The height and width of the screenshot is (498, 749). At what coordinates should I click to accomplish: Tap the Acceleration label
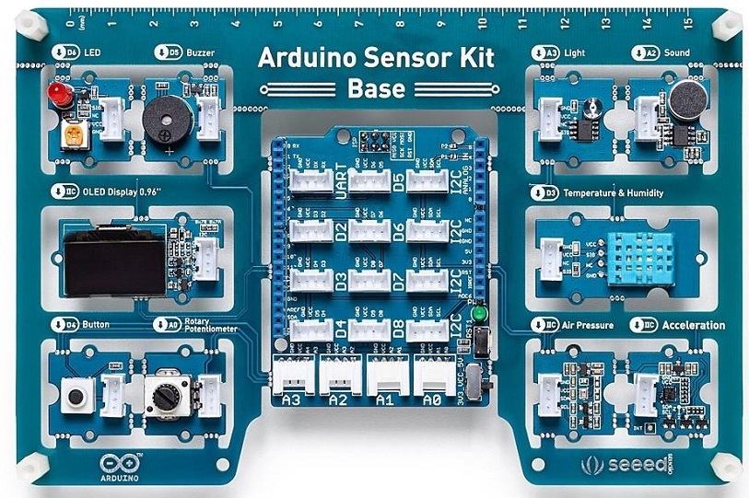click(x=693, y=325)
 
